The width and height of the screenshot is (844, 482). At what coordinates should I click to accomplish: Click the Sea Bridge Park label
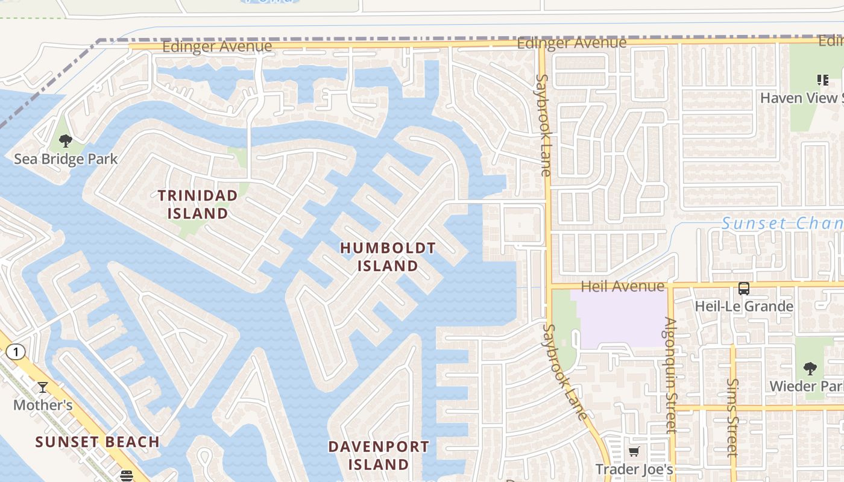coord(66,159)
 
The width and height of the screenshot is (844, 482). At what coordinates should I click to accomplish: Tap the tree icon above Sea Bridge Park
coord(66,142)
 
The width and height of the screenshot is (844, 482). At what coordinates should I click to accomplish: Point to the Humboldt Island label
coord(388,257)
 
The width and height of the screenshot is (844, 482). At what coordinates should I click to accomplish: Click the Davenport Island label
coord(379,455)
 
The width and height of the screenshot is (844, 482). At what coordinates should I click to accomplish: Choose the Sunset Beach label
coord(98,442)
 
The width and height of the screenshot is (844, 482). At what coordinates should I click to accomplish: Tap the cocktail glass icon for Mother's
coord(43,387)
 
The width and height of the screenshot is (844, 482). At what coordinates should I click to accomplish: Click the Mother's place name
coord(43,405)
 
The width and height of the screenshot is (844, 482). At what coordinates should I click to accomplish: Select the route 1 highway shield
coord(16,352)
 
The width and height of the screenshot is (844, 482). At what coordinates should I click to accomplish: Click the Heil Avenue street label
coord(622,286)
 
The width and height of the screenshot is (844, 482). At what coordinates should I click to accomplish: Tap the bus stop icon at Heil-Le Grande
coord(744,289)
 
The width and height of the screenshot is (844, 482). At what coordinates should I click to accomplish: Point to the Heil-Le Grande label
coord(744,306)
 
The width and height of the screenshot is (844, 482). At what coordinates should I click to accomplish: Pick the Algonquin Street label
coord(670,375)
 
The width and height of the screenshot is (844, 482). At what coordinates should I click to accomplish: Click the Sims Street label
coord(732,417)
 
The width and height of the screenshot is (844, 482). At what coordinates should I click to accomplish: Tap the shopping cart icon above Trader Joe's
coord(634,451)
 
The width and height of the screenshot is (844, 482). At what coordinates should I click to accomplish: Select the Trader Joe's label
coord(634,469)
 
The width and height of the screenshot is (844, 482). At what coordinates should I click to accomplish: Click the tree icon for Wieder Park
coord(810,368)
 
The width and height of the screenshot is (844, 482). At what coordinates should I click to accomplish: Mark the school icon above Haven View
coord(822,80)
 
